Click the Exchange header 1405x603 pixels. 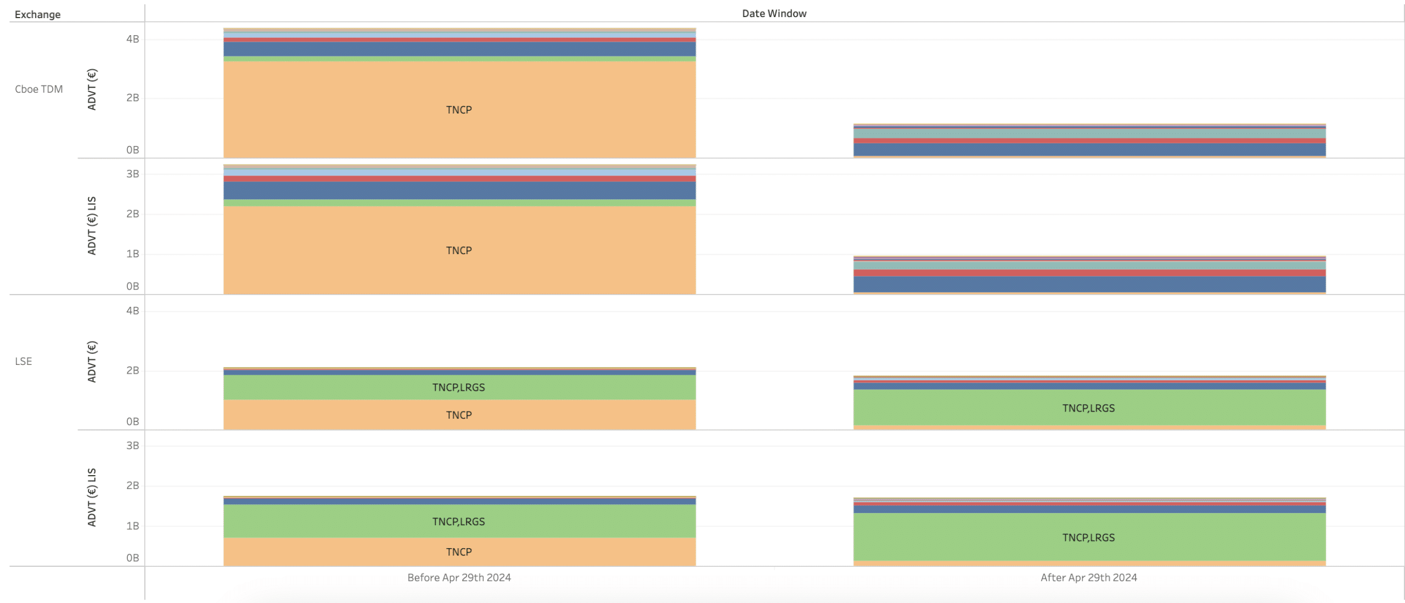[x=37, y=14]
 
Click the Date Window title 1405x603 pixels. [x=774, y=13]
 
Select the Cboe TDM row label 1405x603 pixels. [x=38, y=89]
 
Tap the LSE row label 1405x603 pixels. [x=23, y=361]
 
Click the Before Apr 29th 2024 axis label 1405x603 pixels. [x=459, y=577]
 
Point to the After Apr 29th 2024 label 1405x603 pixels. [x=1088, y=577]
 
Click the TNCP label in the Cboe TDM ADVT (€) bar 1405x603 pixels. [x=459, y=110]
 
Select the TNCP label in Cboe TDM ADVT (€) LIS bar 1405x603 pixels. [x=459, y=250]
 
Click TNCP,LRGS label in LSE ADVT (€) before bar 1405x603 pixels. [x=459, y=387]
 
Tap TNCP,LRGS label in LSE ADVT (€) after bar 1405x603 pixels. [x=1088, y=408]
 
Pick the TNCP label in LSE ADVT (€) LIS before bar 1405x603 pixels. [x=459, y=552]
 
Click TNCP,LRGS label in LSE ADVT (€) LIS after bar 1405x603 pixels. [x=1088, y=538]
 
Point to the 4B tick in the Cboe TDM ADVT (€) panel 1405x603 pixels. [x=132, y=39]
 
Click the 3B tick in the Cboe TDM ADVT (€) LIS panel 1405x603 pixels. [x=132, y=174]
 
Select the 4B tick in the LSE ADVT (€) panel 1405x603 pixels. [x=132, y=311]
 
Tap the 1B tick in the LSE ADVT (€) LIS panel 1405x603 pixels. [x=132, y=526]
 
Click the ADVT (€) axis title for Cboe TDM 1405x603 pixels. [x=92, y=89]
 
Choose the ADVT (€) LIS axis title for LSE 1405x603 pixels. [x=92, y=497]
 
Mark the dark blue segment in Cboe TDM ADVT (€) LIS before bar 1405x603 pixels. [x=459, y=190]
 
